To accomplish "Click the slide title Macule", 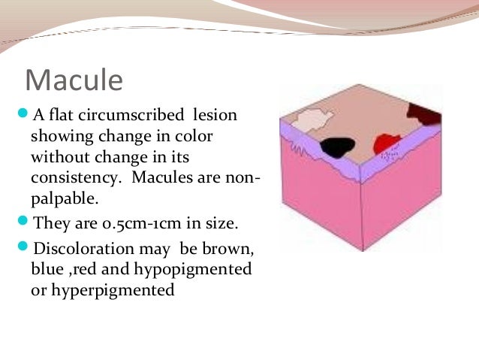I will point(74,79).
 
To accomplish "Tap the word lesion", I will point(214,116).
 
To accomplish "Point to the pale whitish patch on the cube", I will point(310,119).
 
